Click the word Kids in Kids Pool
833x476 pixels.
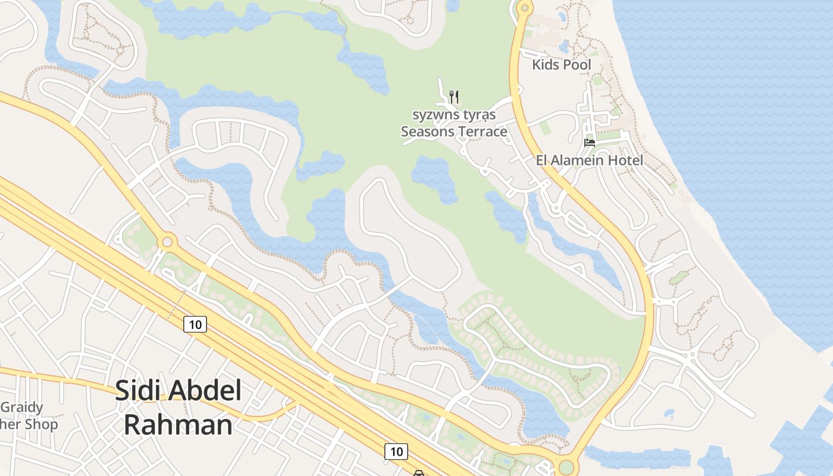coord(546,64)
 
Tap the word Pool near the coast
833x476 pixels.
coord(577,64)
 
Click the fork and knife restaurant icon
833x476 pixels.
coord(454,96)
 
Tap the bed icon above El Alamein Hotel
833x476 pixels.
coord(590,142)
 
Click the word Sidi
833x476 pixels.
coord(138,390)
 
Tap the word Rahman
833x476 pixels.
coord(178,425)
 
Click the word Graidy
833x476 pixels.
coord(22,408)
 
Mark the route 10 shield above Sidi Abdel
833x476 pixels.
coord(195,324)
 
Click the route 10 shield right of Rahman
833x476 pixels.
coord(396,451)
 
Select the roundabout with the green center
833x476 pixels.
coord(566,466)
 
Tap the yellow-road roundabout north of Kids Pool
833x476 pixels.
coord(524,8)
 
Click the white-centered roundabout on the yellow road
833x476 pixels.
coord(167,242)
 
